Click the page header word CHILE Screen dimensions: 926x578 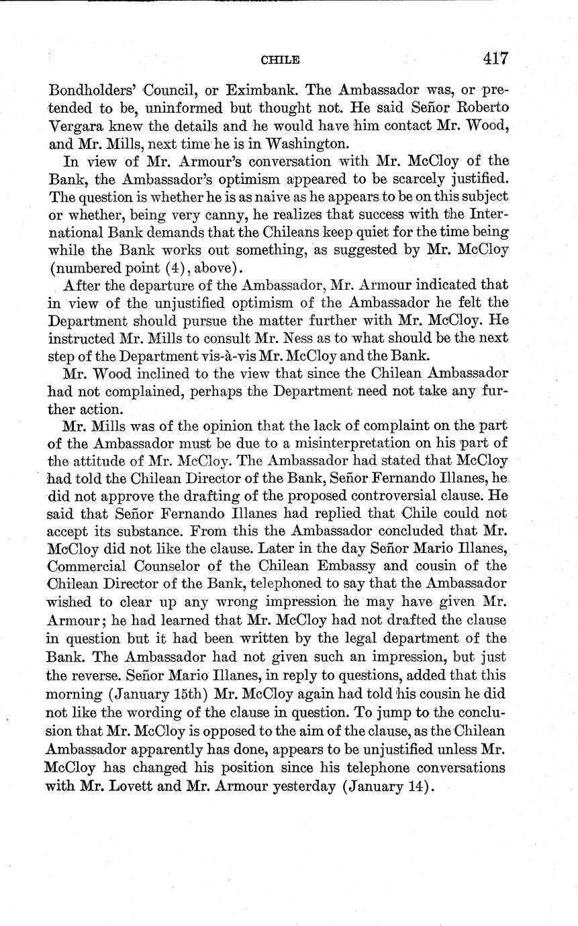click(x=279, y=60)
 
